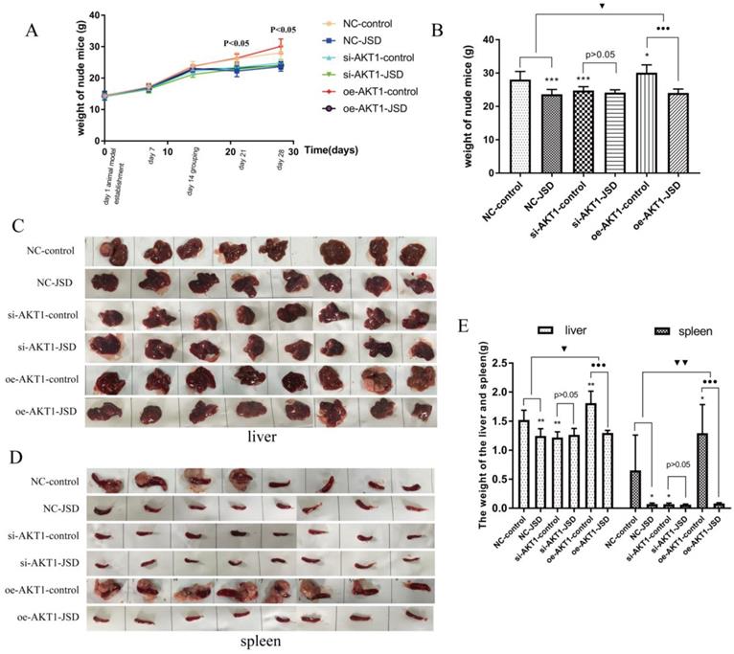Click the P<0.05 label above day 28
[x=284, y=30]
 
